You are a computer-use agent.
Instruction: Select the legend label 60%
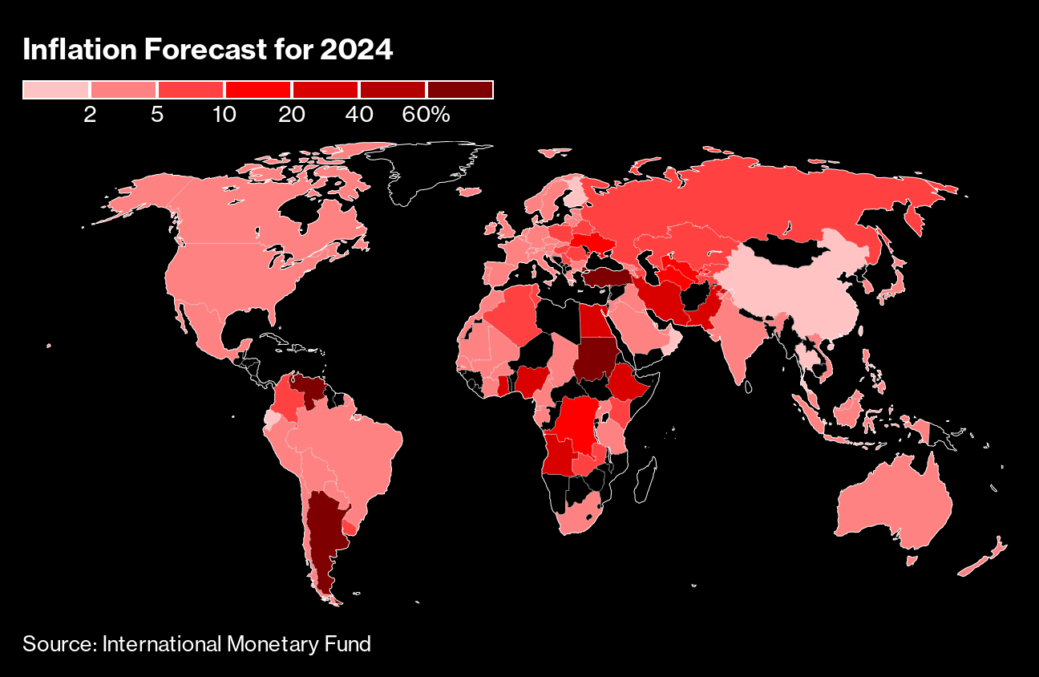[x=426, y=115]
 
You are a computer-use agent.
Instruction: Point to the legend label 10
[x=224, y=115]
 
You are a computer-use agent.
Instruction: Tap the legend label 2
[x=89, y=115]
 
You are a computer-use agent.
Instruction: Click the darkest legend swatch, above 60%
[x=459, y=90]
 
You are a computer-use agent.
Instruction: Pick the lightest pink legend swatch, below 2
[x=55, y=90]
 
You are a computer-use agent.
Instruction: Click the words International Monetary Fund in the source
[x=237, y=643]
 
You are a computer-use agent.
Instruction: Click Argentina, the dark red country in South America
[x=325, y=529]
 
